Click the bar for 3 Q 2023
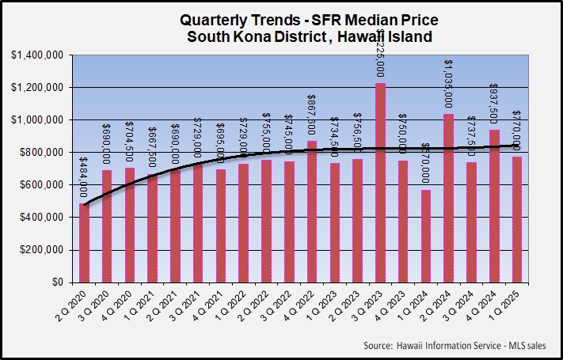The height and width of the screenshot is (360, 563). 381,183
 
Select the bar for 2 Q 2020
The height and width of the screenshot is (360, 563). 85,243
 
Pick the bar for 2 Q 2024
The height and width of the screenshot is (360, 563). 449,198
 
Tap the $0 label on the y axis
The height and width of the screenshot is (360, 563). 58,282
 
